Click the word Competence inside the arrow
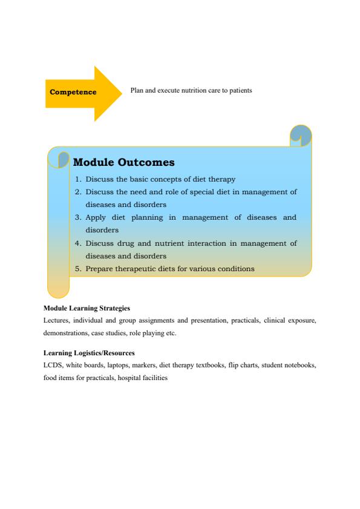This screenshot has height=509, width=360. pos(73,92)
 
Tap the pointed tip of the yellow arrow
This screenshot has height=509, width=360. pos(120,93)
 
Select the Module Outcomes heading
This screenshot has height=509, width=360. pos(123,163)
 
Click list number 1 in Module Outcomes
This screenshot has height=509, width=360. pos(78,179)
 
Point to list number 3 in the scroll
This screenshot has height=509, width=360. pos(78,217)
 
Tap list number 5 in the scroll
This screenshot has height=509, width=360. pos(78,268)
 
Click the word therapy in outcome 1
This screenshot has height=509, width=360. pos(222,179)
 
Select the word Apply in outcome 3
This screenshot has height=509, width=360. pos(96,217)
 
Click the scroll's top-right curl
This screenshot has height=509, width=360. pos(301,136)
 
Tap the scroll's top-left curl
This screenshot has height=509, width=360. pos(61,159)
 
